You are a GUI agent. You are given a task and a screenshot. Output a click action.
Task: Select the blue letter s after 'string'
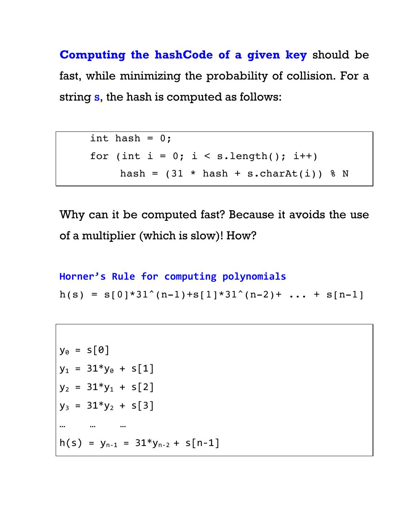point(96,97)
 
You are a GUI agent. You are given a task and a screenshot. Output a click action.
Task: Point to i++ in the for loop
point(305,156)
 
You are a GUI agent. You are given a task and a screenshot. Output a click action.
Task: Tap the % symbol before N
point(333,174)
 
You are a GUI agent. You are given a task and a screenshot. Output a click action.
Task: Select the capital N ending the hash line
point(345,174)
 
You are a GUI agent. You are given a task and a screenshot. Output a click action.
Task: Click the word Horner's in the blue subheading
point(83,276)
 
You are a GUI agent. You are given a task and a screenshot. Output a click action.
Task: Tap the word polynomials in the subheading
point(254,276)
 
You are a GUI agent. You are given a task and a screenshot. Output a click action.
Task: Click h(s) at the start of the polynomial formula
point(72,295)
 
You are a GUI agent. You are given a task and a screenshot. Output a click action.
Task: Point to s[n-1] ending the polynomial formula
point(345,295)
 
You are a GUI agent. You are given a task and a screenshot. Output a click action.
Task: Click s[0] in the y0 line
point(98,350)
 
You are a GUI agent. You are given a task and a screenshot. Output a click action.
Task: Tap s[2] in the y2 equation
point(142,387)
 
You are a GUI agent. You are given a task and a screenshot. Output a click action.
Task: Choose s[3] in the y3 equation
point(142,405)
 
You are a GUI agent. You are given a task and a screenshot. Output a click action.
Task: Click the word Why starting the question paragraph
point(72,215)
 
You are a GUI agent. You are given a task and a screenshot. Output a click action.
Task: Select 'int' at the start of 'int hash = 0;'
point(99,138)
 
